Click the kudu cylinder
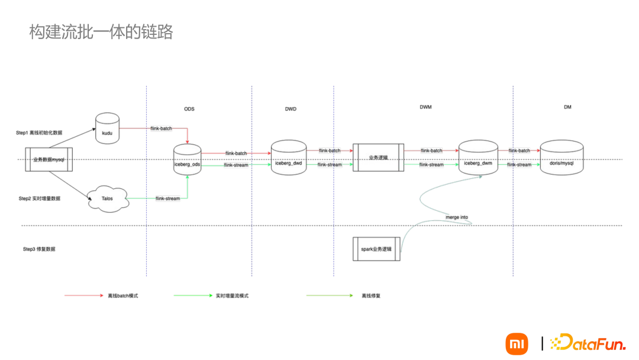107,128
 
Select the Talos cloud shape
107,199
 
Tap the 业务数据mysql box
49,160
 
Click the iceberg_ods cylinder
187,160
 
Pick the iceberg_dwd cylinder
288,157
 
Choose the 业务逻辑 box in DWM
378,157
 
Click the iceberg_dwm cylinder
478,157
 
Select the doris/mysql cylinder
561,157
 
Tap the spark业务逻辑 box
376,249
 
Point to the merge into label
457,217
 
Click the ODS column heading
189,109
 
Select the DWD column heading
291,109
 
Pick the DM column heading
567,107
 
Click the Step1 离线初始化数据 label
39,133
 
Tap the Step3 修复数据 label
39,249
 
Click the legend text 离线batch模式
123,295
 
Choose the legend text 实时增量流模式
232,295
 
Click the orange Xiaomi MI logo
517,343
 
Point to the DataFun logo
588,343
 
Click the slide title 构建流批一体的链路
101,32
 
